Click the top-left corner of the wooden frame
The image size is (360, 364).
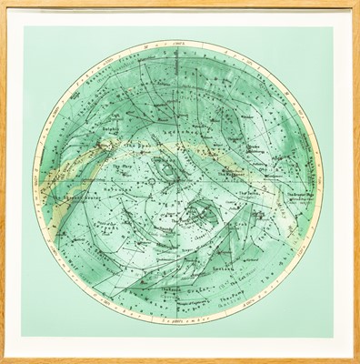click(x=4, y=4)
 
